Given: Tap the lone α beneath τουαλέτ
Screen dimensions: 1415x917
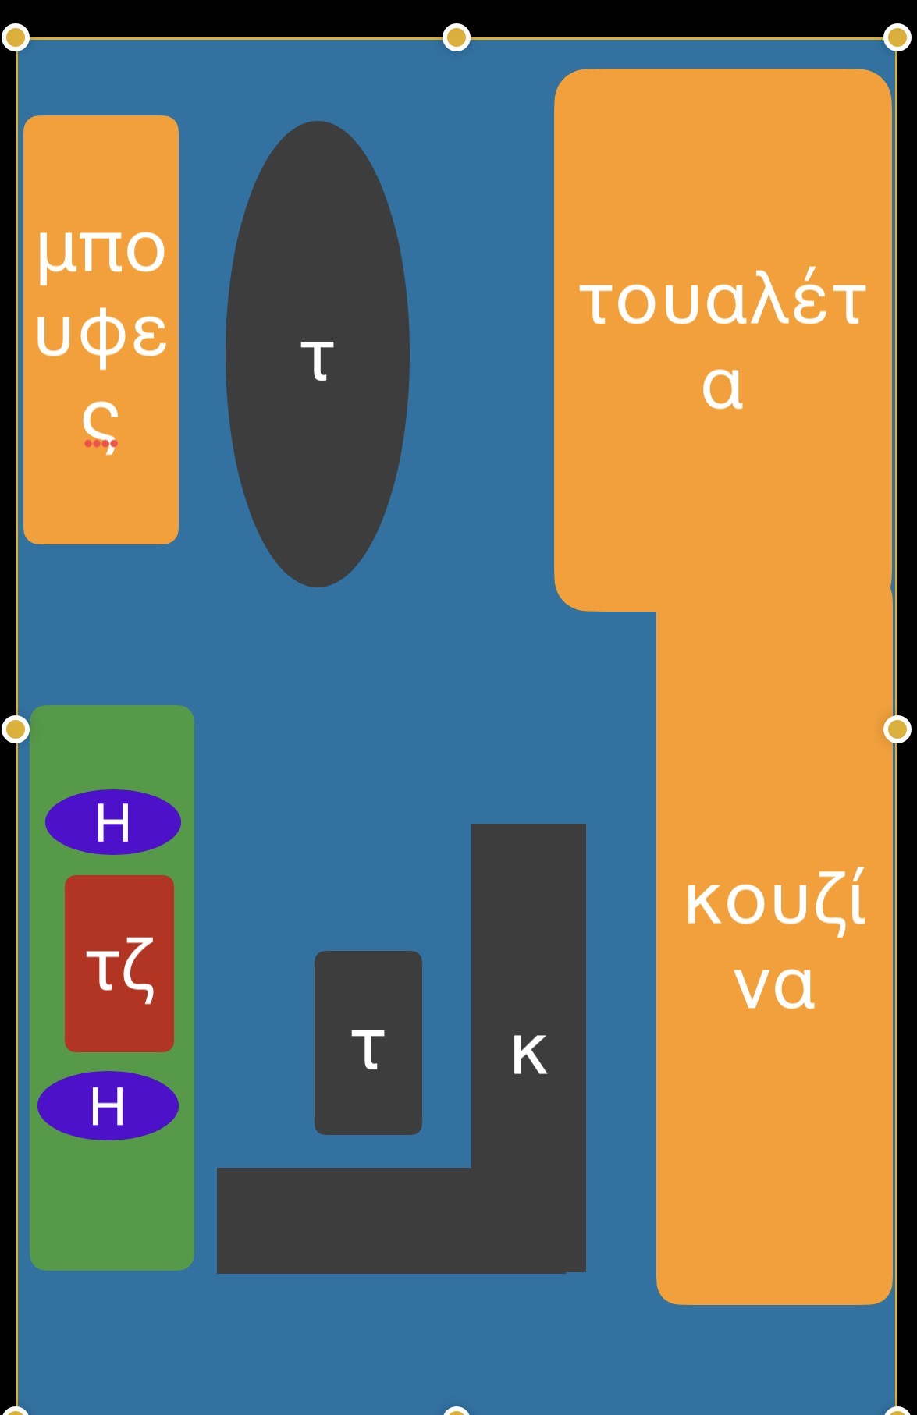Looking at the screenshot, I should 722,388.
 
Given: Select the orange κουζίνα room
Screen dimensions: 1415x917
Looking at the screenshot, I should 774,1131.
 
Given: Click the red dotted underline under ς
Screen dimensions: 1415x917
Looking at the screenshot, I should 101,444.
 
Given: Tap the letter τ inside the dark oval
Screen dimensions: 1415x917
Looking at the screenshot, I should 318,360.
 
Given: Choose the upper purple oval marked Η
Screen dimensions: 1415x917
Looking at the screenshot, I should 113,822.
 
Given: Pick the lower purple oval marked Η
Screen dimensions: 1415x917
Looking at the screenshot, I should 108,1105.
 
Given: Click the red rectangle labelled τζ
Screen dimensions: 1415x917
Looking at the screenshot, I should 119,964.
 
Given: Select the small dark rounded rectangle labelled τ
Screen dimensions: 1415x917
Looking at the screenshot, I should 368,1042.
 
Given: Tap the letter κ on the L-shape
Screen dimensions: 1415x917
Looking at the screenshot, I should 529,1055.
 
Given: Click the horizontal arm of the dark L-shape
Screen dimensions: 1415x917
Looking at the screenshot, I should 343,1220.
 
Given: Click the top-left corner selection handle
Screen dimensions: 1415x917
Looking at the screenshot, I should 16,37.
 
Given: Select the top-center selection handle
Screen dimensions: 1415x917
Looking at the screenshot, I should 457,37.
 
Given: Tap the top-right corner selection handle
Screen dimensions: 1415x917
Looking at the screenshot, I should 897,37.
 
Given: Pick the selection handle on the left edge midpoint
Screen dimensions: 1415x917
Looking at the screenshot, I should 16,729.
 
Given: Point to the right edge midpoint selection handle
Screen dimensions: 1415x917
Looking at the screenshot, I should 897,729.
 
